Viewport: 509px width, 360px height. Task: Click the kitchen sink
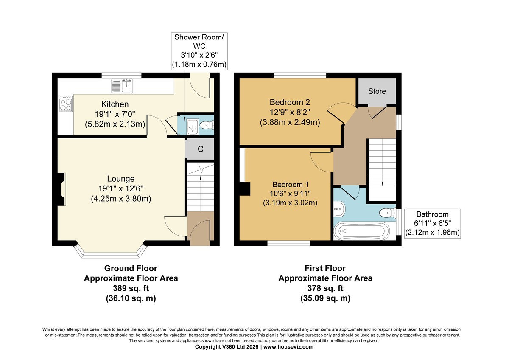click(x=122, y=86)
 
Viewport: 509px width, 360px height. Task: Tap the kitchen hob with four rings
click(x=65, y=104)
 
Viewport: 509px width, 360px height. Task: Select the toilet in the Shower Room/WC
click(x=207, y=125)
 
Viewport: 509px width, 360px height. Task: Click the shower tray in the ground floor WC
click(x=193, y=127)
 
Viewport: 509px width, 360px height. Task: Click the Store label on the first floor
click(x=377, y=91)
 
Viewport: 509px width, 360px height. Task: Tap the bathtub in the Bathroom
click(x=361, y=231)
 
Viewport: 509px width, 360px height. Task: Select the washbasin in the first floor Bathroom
click(x=339, y=208)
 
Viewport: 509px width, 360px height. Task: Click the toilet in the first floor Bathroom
click(x=388, y=213)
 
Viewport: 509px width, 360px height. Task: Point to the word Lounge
click(x=120, y=179)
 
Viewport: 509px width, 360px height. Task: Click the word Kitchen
click(x=115, y=104)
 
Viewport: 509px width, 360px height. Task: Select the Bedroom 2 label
click(x=290, y=102)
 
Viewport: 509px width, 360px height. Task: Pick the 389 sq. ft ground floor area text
click(x=131, y=288)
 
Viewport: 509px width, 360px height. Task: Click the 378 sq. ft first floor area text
click(x=325, y=288)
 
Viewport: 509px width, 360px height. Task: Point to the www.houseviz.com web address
click(x=288, y=347)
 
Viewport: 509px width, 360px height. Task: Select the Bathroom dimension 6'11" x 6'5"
click(x=432, y=223)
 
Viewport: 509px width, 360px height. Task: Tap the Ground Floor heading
click(x=131, y=268)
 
